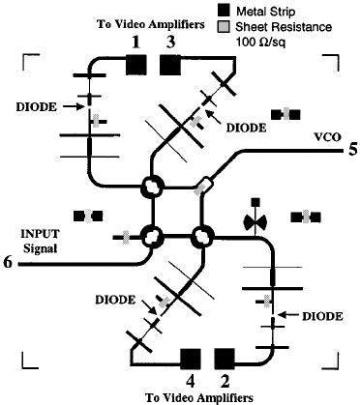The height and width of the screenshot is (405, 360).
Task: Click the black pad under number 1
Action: pyautogui.click(x=136, y=65)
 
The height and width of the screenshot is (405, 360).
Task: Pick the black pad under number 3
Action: pyautogui.click(x=170, y=65)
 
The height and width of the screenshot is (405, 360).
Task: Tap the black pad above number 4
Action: pyautogui.click(x=191, y=361)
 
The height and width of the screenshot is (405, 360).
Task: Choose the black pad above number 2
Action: pyautogui.click(x=225, y=361)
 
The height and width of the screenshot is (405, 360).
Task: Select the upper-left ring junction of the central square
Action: pyautogui.click(x=152, y=186)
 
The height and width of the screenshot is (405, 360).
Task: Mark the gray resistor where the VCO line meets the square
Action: pyautogui.click(x=205, y=184)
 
